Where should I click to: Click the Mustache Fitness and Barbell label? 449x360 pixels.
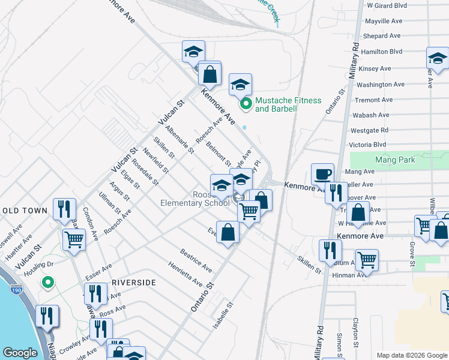[288, 104]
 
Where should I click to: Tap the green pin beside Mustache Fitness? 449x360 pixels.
[245, 104]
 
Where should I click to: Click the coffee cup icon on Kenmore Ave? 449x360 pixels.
[322, 174]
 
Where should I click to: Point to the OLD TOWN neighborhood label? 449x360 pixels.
[25, 211]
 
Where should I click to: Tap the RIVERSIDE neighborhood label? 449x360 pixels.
[134, 282]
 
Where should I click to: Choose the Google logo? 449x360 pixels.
[20, 353]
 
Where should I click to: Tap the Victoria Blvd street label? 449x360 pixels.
[368, 145]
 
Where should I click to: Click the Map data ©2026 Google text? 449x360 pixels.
[411, 355]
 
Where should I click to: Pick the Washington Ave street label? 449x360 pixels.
[381, 85]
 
